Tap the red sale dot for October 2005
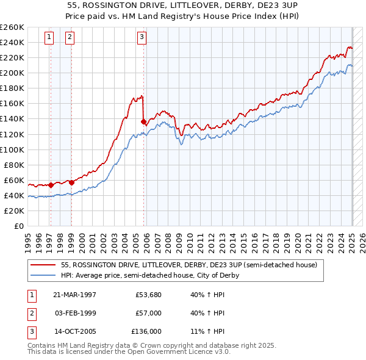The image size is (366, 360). point(143,121)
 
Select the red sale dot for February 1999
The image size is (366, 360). point(71,182)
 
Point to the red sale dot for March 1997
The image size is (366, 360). point(51,184)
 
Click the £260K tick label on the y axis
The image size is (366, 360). point(12,27)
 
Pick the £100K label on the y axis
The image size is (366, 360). point(12,149)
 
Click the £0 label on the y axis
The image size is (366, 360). point(19,226)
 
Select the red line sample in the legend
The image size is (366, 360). point(44,265)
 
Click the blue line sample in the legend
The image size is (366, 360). point(44,275)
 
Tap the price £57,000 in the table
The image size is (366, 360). point(148,313)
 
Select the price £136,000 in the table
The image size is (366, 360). point(146,332)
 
